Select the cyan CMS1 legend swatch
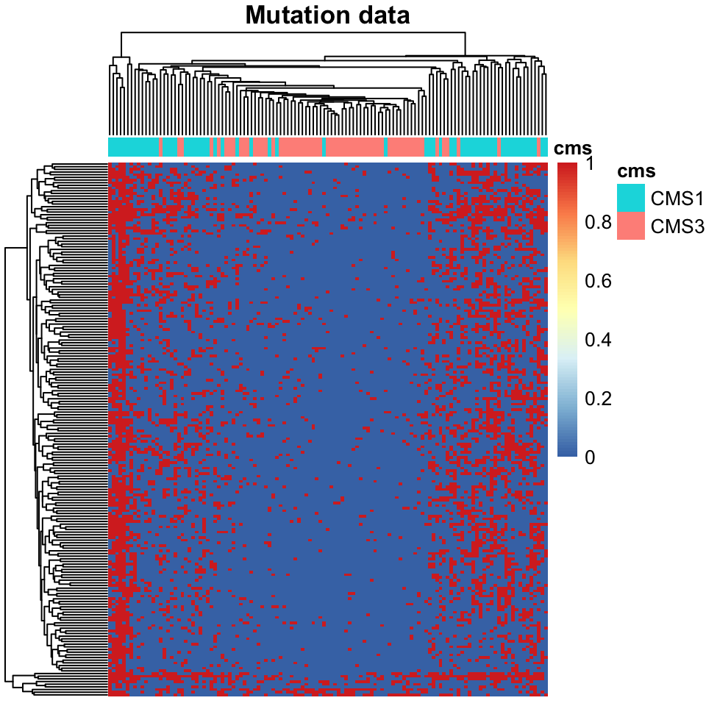[x=630, y=197]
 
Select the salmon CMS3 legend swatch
[x=630, y=226]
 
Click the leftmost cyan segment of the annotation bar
[x=132, y=147]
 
